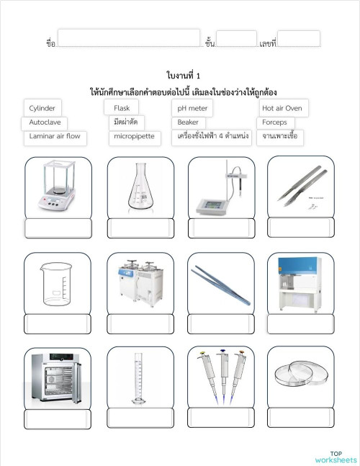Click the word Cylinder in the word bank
coord(42,108)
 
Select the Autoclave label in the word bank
coord(45,122)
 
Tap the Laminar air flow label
coord(55,135)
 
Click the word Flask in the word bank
coord(122,108)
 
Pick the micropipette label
coord(134,136)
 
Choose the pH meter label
coord(192,108)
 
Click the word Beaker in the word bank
coord(188,122)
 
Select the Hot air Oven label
coord(282,108)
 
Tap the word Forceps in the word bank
coord(274,122)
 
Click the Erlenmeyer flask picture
coord(140,188)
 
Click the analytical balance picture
coord(57,188)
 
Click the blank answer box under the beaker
coord(58,324)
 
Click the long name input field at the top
coord(128,39)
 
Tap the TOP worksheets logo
coord(335,457)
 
